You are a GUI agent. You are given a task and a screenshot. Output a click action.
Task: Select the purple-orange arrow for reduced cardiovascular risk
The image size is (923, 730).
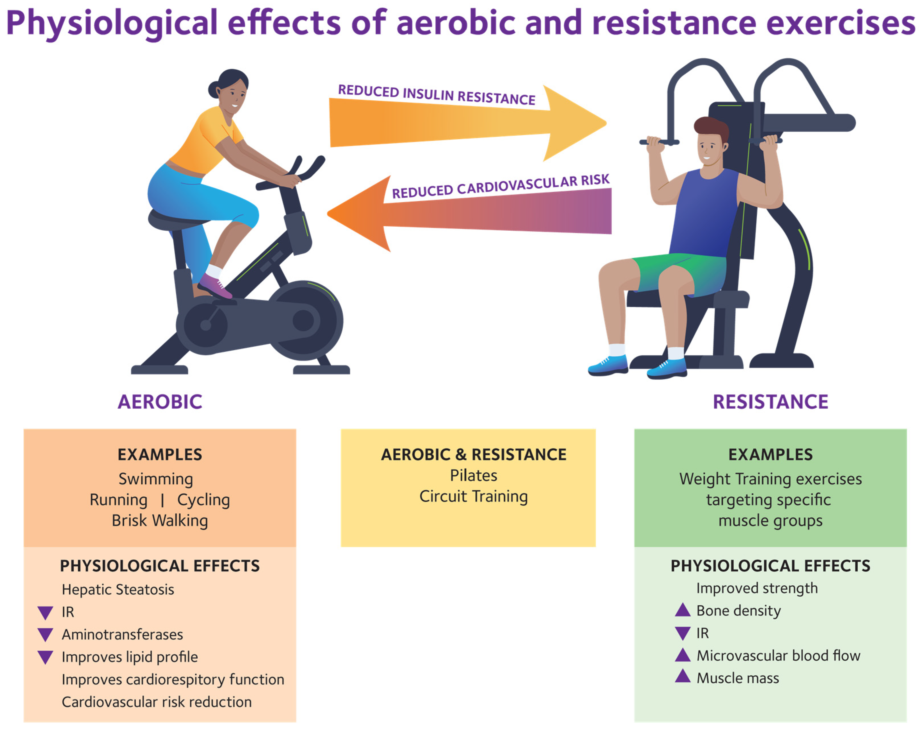click(x=469, y=213)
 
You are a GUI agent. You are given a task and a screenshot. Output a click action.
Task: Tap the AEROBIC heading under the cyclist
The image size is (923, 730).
click(x=160, y=402)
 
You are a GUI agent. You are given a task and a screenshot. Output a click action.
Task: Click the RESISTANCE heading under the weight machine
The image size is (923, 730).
click(x=771, y=402)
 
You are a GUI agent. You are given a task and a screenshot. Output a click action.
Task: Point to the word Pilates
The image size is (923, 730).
click(x=473, y=475)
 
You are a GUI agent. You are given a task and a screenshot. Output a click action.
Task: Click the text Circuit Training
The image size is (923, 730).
click(x=473, y=497)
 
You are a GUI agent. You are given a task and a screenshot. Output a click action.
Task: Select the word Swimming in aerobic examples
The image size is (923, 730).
click(x=156, y=479)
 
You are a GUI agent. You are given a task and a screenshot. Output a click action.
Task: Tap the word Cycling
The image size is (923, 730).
click(x=203, y=500)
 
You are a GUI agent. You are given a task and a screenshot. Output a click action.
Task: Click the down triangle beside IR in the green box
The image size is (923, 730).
click(x=683, y=633)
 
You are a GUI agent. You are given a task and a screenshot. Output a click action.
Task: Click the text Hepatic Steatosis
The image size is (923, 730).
click(x=118, y=590)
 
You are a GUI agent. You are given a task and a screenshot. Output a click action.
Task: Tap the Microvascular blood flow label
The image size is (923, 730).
click(x=779, y=655)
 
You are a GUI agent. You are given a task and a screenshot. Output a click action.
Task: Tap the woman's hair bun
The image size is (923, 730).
click(x=214, y=89)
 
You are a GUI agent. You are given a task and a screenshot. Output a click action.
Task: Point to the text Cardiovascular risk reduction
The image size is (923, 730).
click(x=157, y=702)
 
